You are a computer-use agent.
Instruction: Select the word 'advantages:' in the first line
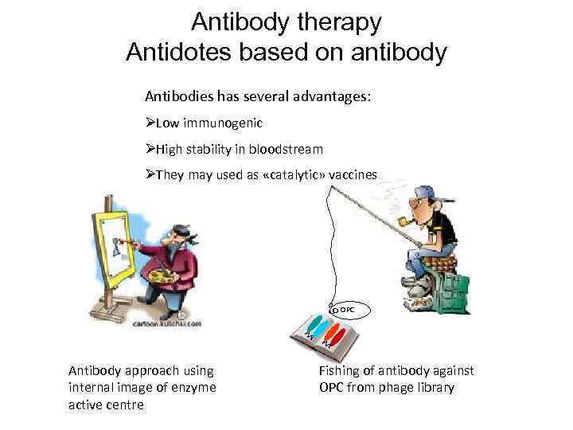334,96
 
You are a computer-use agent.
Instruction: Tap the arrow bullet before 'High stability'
150,149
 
